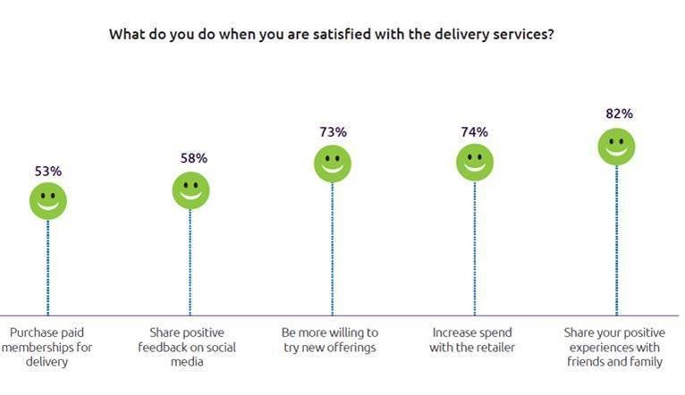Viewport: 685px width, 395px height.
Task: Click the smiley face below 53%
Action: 48,200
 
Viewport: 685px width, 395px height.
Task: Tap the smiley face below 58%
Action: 190,190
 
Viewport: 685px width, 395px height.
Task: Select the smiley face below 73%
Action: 332,164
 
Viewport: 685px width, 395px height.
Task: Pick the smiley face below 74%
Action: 474,163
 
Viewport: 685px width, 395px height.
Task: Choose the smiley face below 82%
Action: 616,146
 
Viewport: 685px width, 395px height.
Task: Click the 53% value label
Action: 48,170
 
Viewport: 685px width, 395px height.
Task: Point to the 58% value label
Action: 191,158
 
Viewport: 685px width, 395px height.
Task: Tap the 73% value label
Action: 333,132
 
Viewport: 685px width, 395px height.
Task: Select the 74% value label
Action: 475,132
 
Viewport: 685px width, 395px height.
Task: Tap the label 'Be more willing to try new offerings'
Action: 330,340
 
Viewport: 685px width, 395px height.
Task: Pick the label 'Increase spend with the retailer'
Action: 471,340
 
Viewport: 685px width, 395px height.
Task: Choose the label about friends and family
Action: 614,347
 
